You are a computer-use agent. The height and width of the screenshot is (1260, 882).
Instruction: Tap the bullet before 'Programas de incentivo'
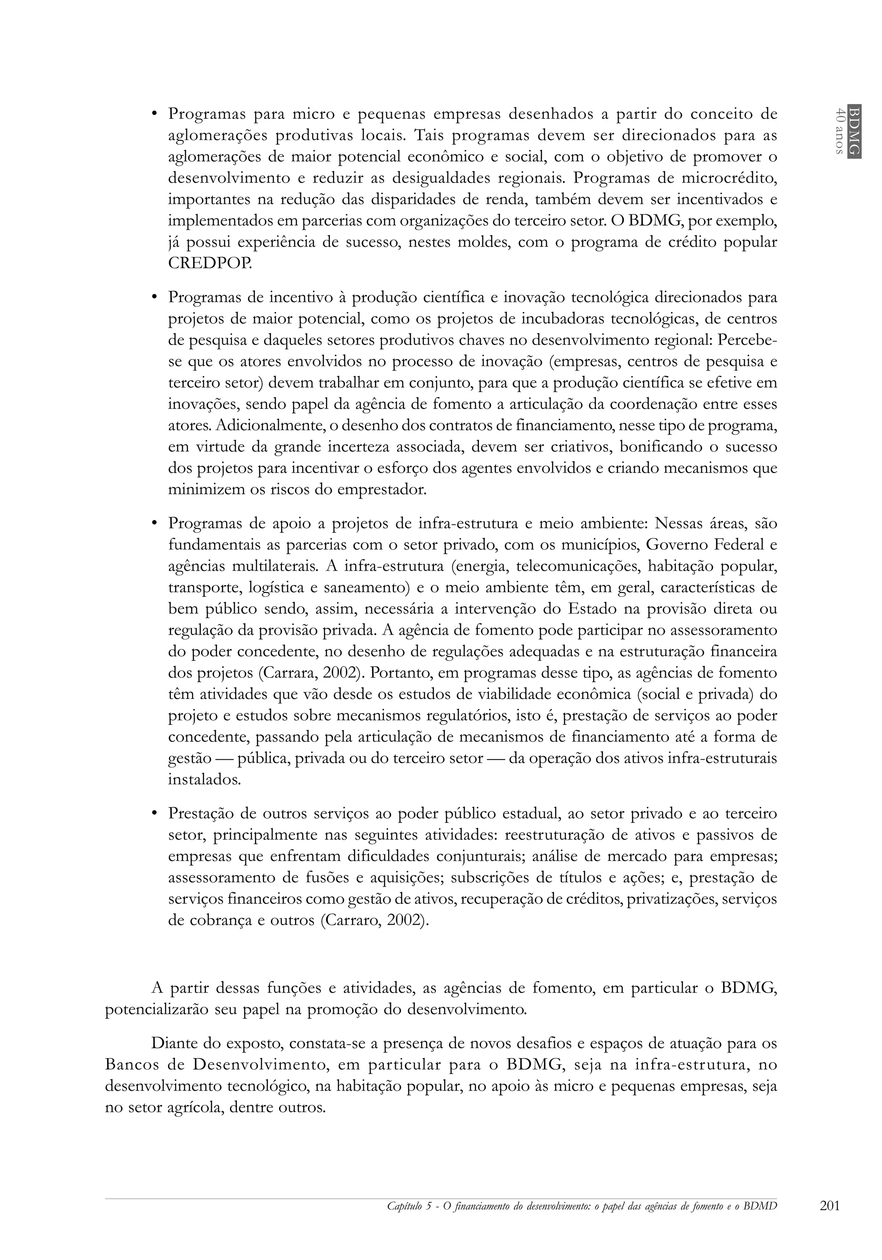pyautogui.click(x=155, y=298)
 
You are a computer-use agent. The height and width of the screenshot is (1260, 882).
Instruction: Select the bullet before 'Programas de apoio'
pyautogui.click(x=155, y=523)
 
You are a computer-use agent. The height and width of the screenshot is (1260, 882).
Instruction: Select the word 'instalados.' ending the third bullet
pyautogui.click(x=204, y=780)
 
